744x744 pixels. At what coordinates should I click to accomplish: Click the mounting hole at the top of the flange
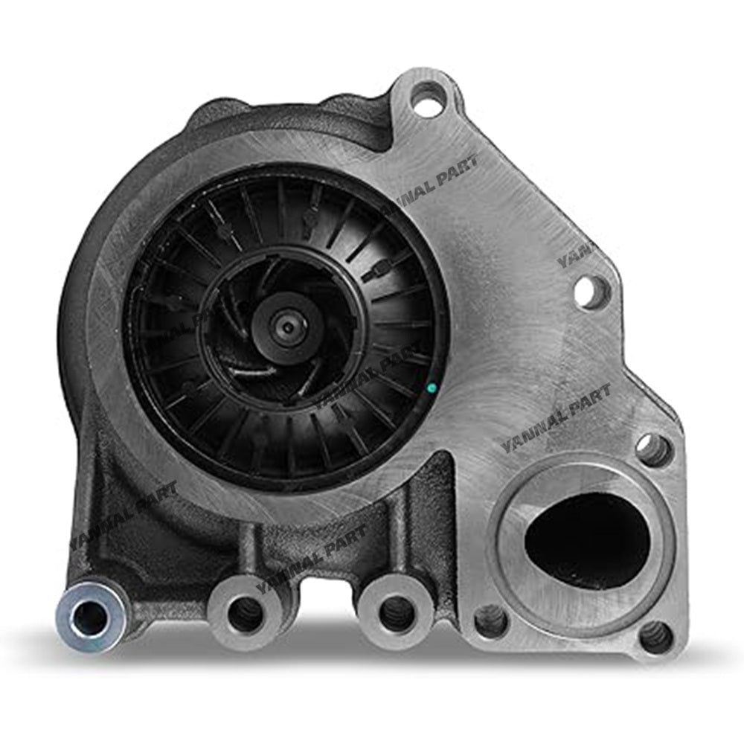426,101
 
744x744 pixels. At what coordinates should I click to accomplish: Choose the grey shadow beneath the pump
372,670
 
